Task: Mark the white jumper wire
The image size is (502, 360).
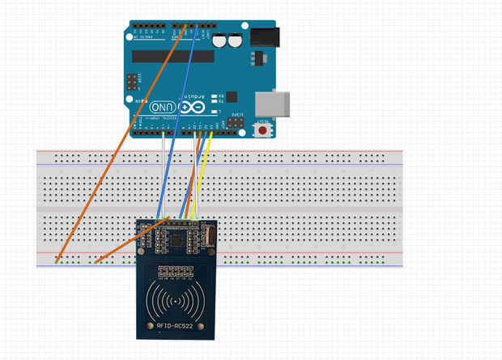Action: tap(164, 174)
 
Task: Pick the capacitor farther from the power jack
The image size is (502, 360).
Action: tap(221, 40)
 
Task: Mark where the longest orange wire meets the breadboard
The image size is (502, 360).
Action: tap(57, 260)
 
